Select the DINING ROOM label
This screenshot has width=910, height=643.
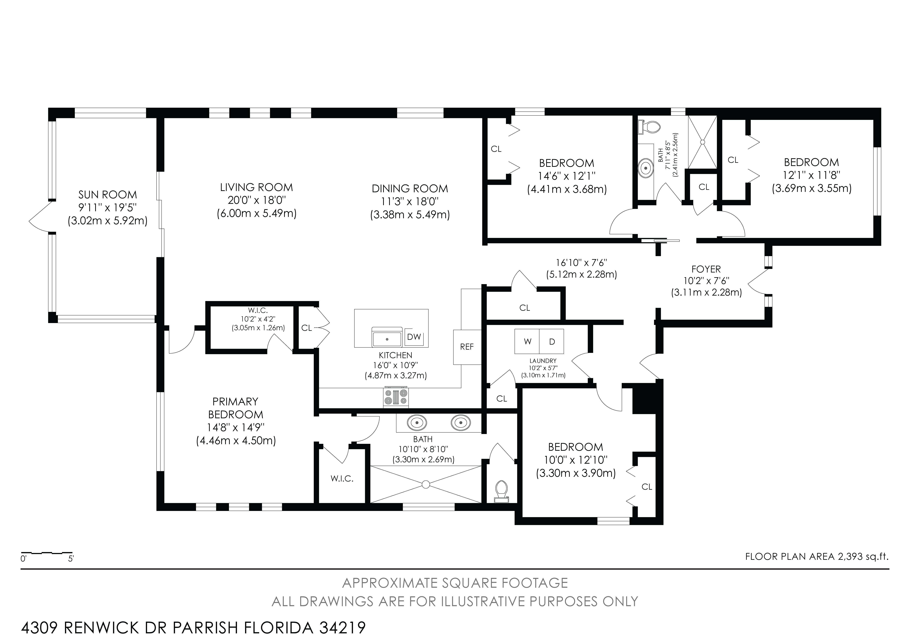pos(410,189)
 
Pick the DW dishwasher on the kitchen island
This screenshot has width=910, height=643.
pos(414,337)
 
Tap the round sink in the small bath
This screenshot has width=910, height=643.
pos(646,167)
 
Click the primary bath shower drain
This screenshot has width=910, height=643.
pos(426,484)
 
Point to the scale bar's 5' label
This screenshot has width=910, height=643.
pos(71,559)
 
